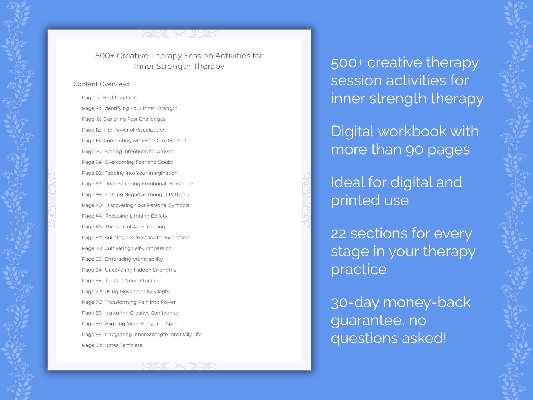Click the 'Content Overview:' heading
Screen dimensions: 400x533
[101, 84]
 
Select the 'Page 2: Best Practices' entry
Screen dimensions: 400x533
[109, 98]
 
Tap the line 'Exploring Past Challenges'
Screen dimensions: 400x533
[134, 119]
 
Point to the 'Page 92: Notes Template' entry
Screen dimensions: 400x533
[112, 345]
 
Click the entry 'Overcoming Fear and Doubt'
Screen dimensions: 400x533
[139, 162]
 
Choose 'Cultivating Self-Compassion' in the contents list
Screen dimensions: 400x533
[138, 248]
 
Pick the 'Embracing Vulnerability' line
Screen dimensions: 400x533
[134, 259]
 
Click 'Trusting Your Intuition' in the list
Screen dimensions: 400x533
[131, 281]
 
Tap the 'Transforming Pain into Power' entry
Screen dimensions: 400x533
[140, 302]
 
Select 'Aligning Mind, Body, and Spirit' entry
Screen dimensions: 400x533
[142, 324]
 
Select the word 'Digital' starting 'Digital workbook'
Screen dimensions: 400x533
[352, 132]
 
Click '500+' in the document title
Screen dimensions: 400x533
[104, 56]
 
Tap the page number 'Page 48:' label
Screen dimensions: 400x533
[92, 227]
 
